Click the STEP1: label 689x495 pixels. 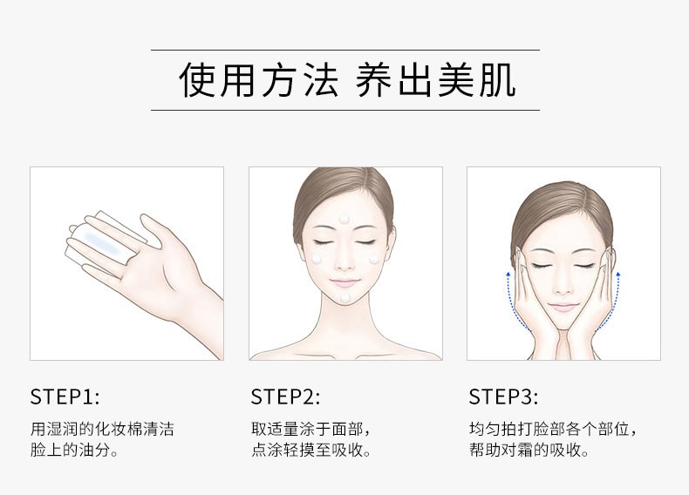(x=65, y=397)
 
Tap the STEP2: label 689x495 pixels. (x=285, y=397)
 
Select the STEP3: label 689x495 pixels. (x=503, y=397)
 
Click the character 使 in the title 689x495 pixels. (x=198, y=80)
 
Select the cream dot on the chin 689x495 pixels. (x=345, y=297)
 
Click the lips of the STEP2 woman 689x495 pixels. (x=345, y=281)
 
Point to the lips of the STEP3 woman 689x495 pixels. (x=563, y=305)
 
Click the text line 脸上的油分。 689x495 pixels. (x=74, y=451)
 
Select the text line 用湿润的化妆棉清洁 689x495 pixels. (x=102, y=431)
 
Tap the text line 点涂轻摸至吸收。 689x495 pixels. (x=311, y=451)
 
